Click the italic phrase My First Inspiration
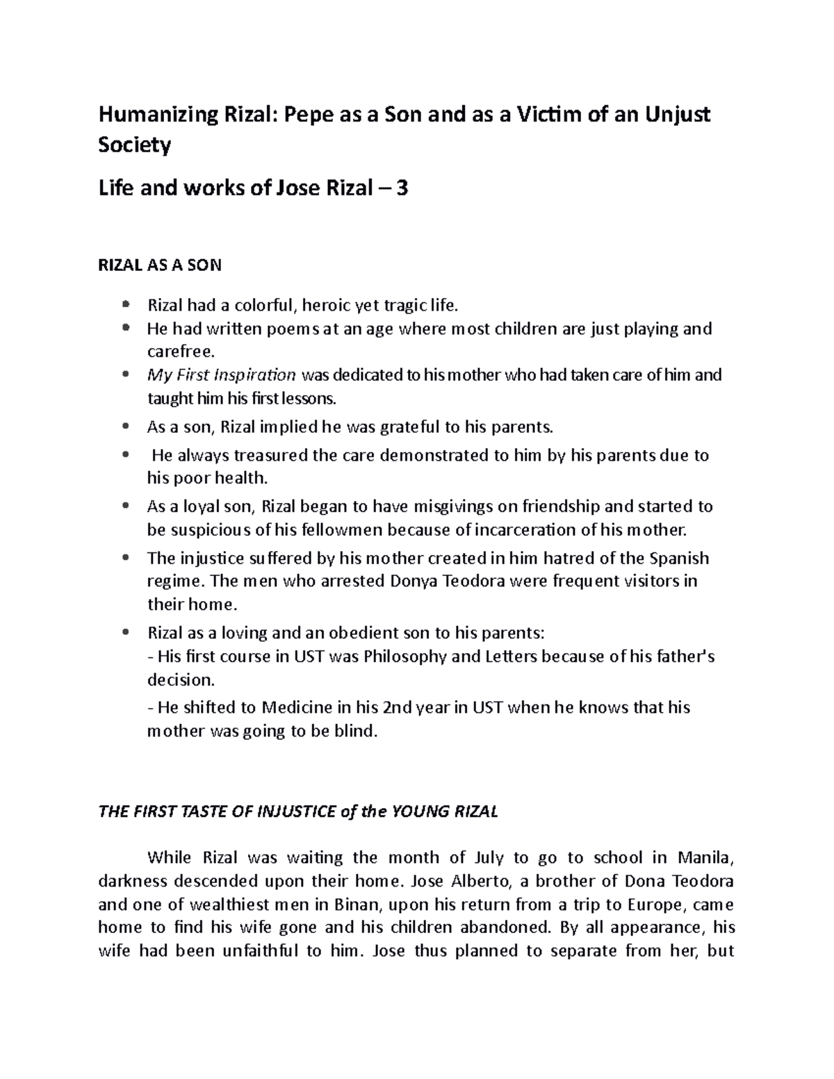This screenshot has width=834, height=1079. [222, 375]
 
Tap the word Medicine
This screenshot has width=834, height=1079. [297, 708]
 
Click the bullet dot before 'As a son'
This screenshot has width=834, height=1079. [125, 427]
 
